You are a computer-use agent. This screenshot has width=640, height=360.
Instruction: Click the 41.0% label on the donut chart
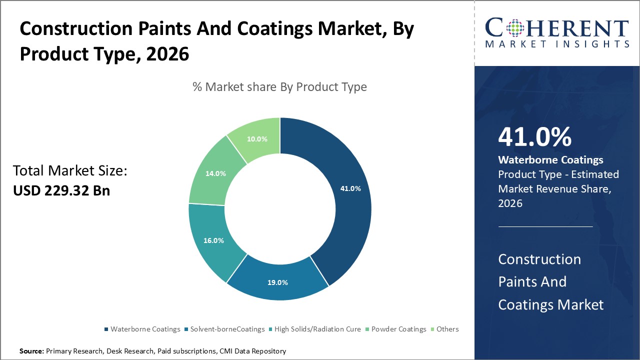point(350,188)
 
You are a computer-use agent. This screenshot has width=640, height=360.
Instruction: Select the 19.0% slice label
point(277,282)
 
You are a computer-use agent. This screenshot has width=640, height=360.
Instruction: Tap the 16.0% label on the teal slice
point(213,240)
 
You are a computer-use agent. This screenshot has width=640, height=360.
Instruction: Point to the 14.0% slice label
point(215,173)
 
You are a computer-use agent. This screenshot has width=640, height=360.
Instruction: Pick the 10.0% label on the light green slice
point(257,138)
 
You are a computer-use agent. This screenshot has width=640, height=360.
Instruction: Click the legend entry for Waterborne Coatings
point(145,329)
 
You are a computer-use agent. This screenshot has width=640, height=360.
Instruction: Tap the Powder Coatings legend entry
point(398,329)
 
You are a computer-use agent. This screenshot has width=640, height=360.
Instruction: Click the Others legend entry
point(447,329)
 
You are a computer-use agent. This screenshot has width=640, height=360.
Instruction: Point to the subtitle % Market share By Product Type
point(279,87)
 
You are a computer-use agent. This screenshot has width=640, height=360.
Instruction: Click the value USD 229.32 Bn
point(61,191)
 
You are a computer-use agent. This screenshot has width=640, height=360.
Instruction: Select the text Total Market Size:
point(70,171)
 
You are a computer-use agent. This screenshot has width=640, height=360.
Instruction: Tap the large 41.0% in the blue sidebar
point(534,137)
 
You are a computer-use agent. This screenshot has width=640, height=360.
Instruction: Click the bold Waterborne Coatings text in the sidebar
point(550,160)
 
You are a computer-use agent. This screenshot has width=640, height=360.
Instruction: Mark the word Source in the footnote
point(31,351)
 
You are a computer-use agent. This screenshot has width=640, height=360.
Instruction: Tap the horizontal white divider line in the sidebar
point(545,226)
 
